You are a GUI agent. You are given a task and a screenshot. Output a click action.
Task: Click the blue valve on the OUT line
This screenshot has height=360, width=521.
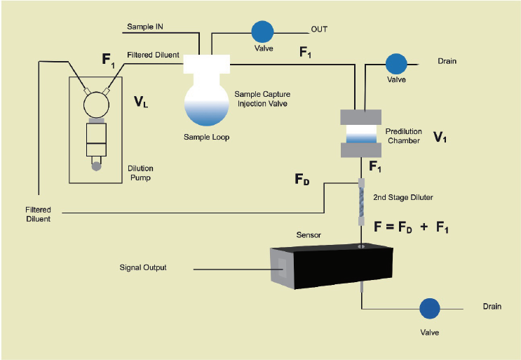262,32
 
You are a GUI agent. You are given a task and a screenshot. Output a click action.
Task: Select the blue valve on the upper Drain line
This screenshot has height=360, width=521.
396,64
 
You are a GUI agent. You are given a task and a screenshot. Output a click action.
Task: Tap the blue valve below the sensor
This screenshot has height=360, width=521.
430,309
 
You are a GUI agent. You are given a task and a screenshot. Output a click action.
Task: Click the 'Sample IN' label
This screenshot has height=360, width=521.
145,27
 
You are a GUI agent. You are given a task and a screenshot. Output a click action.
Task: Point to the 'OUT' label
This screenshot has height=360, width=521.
319,29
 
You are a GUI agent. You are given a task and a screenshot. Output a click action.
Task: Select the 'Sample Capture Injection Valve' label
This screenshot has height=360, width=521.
262,99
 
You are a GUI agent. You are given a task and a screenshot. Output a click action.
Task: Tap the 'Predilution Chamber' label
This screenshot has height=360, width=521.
404,136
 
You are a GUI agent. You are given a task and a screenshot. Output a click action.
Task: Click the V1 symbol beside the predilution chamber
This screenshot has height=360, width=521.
440,137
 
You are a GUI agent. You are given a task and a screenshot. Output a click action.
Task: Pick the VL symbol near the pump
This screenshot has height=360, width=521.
141,102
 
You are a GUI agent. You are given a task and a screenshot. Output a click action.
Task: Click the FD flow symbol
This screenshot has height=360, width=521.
302,179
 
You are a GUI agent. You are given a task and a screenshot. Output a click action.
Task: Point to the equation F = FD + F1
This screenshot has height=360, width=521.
411,227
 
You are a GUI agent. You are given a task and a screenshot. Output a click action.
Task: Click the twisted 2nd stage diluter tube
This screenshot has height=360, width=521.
361,202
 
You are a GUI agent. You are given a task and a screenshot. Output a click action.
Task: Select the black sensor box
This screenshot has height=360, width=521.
332,267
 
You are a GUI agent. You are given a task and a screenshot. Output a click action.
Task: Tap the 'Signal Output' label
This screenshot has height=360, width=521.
143,267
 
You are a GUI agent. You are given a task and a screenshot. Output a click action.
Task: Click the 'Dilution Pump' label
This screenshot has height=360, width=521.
140,173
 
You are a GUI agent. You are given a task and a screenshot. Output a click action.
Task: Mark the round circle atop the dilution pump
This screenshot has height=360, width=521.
96,105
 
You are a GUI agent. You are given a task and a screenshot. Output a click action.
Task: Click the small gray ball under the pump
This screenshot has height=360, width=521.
96,166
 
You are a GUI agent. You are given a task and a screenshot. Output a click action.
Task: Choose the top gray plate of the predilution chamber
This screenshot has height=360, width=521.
361,117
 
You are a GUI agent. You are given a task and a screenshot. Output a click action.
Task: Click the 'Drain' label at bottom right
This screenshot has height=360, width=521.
492,306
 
